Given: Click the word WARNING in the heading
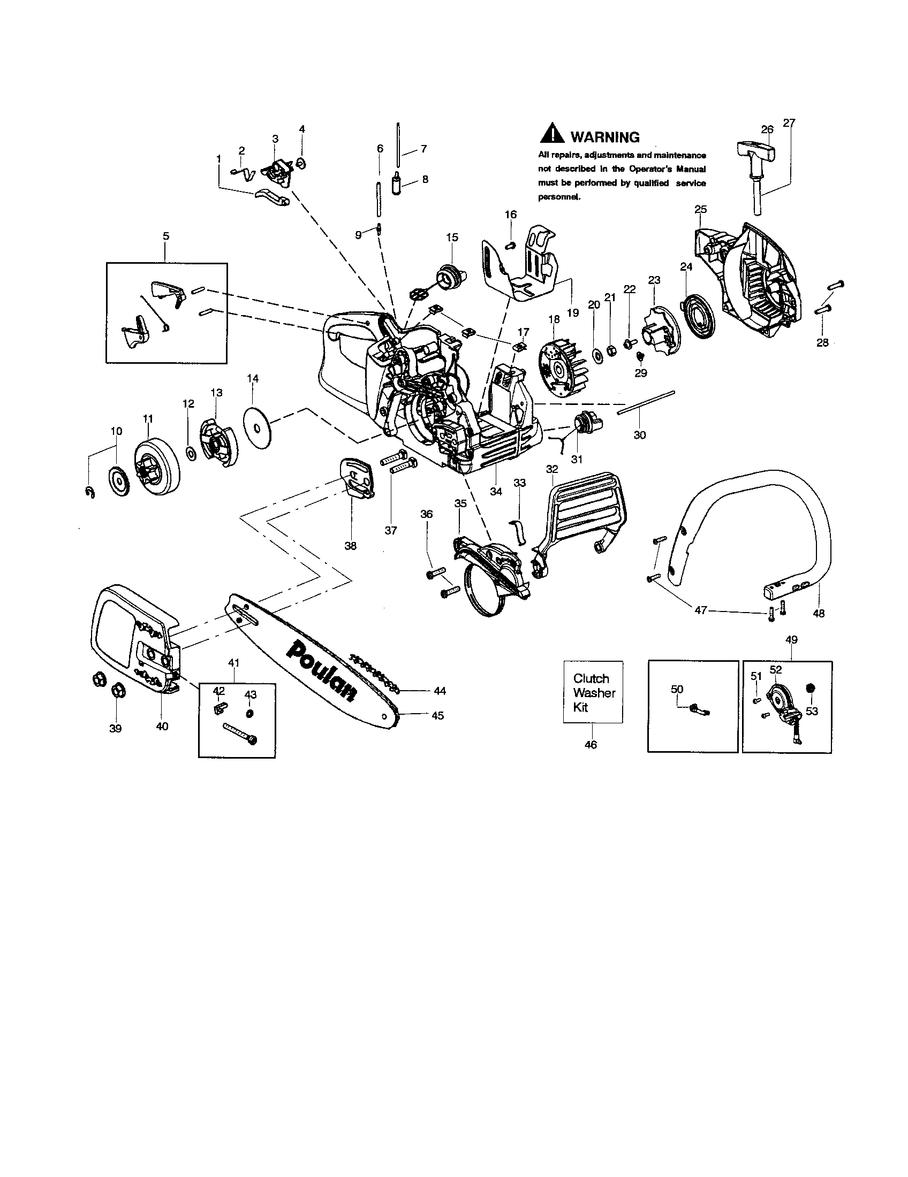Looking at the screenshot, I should (x=605, y=137).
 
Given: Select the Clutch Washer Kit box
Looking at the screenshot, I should (x=593, y=692).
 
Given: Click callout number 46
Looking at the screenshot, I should (x=591, y=745).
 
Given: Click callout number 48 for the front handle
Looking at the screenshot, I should (x=818, y=613).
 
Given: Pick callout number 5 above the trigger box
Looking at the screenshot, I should (x=165, y=236).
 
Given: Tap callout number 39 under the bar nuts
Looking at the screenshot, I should (x=116, y=729).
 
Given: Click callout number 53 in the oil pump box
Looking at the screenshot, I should (x=812, y=712).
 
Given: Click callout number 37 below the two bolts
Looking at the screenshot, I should (x=391, y=530).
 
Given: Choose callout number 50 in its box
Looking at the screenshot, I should (x=677, y=689).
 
